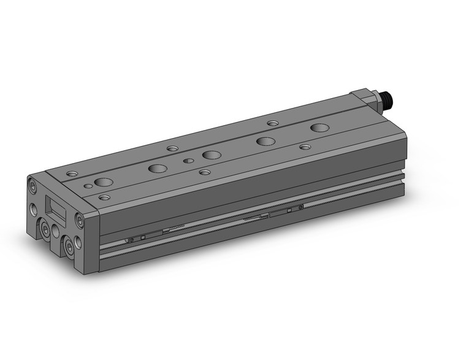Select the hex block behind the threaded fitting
364,96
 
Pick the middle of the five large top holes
212,155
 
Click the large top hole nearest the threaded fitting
319,128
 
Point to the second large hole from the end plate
158,168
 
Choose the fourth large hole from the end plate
265,141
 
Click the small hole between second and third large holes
189,161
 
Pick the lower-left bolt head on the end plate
47,230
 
